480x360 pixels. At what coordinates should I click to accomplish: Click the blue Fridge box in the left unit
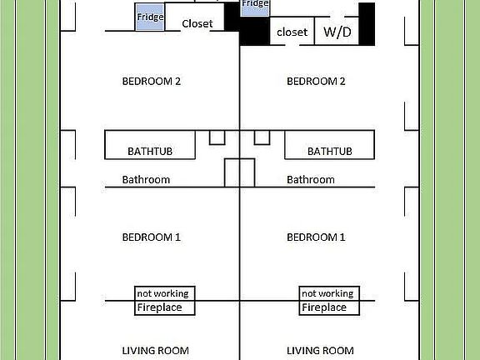(x=150, y=17)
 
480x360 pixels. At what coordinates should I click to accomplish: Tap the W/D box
(x=336, y=32)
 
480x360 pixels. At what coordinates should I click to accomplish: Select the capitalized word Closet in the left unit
(x=197, y=23)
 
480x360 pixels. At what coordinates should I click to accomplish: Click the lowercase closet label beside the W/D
(x=292, y=32)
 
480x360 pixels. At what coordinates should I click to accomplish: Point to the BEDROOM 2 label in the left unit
(x=152, y=81)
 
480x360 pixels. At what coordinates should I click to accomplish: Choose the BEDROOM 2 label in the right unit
(x=316, y=81)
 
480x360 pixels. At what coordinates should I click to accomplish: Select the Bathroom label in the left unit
(x=146, y=179)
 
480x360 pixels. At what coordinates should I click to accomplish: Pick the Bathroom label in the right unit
(x=311, y=179)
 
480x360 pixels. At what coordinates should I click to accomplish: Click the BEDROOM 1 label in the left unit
(x=152, y=237)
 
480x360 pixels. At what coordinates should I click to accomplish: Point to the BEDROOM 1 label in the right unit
(x=316, y=237)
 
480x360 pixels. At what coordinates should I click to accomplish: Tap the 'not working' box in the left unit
(x=162, y=293)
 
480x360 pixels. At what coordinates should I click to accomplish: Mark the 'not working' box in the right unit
(x=327, y=293)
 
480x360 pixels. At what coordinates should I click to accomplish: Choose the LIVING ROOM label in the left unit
(x=156, y=351)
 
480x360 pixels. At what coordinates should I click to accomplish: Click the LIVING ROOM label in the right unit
(x=321, y=351)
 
